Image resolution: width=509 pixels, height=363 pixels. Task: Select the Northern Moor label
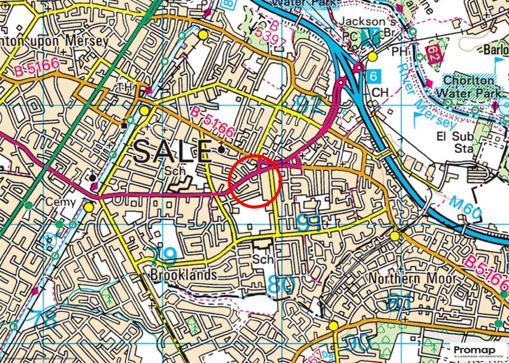(412, 279)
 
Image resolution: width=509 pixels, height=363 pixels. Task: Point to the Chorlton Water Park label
(469, 86)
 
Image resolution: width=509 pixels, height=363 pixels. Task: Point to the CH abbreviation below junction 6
(380, 93)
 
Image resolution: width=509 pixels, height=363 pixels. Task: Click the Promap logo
(478, 351)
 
